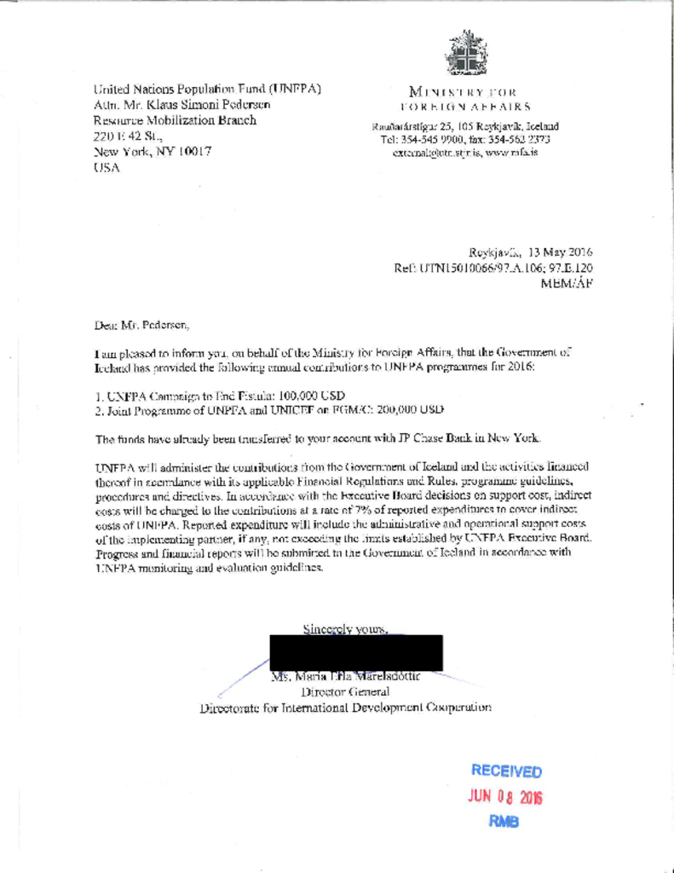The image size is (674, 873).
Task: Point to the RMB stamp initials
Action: [x=506, y=822]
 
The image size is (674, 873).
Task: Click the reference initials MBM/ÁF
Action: [x=567, y=285]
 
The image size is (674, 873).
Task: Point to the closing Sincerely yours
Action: [x=347, y=630]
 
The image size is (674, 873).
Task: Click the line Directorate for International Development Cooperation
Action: [x=345, y=707]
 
